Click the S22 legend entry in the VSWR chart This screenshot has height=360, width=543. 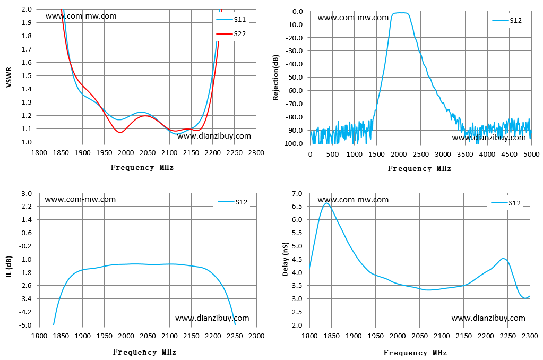click(x=231, y=33)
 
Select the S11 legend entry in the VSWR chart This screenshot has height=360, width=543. click(x=231, y=20)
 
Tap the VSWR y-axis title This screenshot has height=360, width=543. click(x=9, y=77)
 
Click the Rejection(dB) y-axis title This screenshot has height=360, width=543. click(x=275, y=78)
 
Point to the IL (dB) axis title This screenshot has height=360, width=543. click(x=9, y=267)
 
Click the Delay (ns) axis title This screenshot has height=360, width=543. click(x=286, y=259)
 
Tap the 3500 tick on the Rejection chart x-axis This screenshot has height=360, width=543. click(x=465, y=154)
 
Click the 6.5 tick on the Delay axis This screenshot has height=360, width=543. click(x=297, y=207)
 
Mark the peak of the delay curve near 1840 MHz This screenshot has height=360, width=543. click(x=326, y=203)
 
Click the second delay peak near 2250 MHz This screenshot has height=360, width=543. click(x=504, y=259)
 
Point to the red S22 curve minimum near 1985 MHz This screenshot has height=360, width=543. click(x=120, y=132)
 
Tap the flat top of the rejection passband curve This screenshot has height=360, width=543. click(x=400, y=13)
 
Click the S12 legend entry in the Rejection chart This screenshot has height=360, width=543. click(x=507, y=21)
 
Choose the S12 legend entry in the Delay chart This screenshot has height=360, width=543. click(x=506, y=203)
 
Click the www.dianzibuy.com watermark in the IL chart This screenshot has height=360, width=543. click(x=212, y=318)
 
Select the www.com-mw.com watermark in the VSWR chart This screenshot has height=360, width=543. click(x=81, y=16)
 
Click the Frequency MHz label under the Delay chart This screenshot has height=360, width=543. click(x=415, y=353)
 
